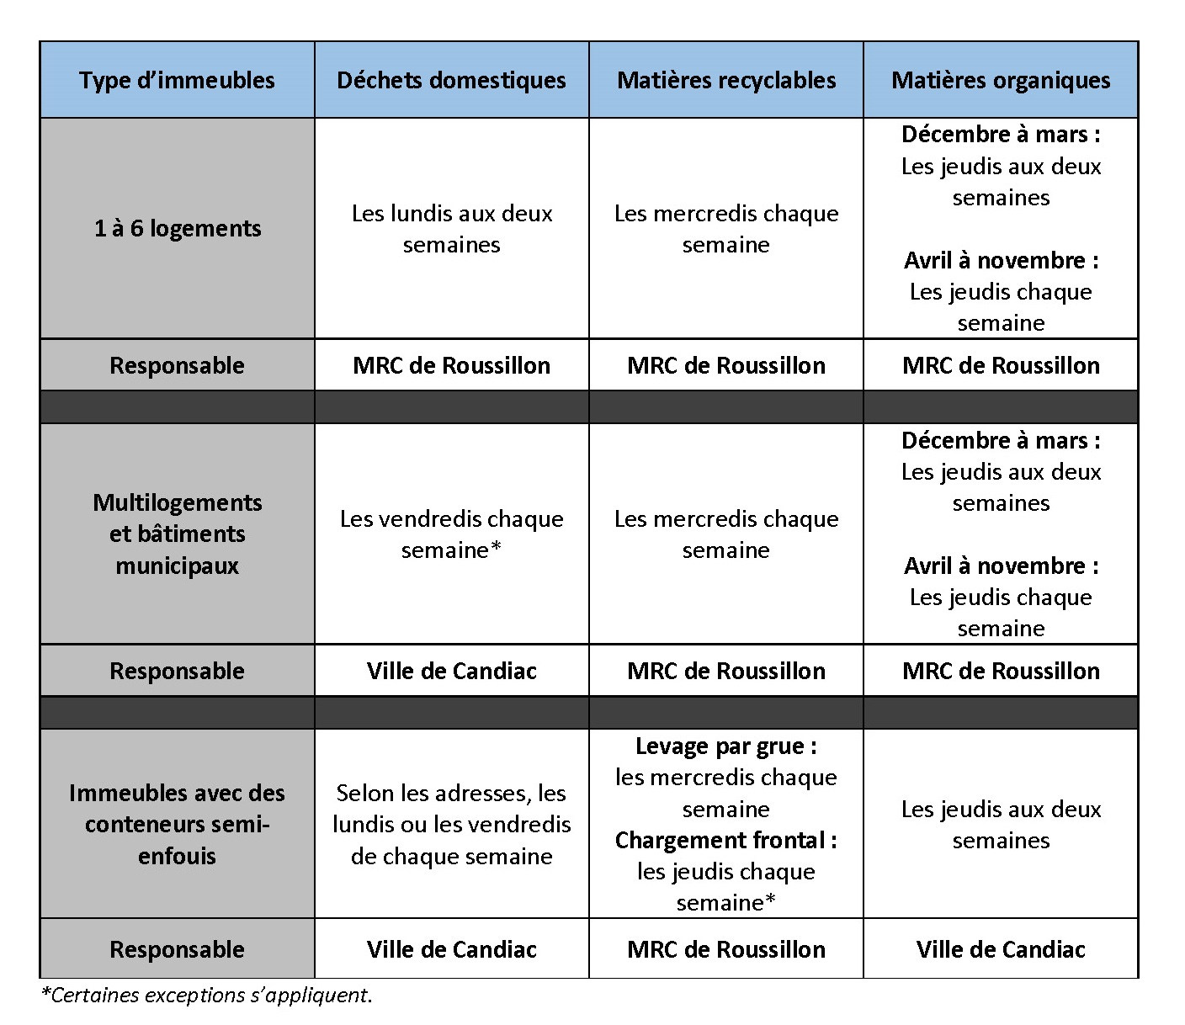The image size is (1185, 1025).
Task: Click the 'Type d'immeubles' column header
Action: pos(177,81)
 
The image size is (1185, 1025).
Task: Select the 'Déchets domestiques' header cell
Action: pos(451,81)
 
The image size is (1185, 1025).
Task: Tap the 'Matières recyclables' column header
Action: pos(726,81)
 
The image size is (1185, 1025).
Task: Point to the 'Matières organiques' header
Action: pos(1001,81)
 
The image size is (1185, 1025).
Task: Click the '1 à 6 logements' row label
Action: pos(177,229)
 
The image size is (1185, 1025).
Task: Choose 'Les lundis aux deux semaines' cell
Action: pos(451,229)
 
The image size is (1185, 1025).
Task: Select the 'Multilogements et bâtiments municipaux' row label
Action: pos(177,534)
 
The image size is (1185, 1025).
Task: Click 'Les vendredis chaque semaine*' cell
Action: pos(451,534)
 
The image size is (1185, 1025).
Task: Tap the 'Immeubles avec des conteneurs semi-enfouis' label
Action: pos(177,825)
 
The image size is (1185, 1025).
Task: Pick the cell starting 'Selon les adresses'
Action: pos(451,825)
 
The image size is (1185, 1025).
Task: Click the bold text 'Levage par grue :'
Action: pos(726,746)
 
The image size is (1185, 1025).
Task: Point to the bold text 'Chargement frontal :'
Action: pos(726,841)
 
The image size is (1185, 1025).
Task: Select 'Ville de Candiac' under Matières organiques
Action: pos(1001,950)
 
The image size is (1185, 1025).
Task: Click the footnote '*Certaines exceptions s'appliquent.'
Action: pos(206,996)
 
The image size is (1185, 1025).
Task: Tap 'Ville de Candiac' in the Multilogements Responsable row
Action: pos(451,672)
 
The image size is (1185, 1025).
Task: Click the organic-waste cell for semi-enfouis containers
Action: pos(1001,825)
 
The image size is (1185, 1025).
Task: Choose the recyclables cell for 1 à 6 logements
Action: pos(726,229)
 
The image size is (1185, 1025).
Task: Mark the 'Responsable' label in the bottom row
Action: pos(177,950)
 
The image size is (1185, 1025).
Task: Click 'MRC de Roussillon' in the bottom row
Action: pos(726,950)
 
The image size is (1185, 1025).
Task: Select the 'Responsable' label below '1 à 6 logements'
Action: pos(177,366)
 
